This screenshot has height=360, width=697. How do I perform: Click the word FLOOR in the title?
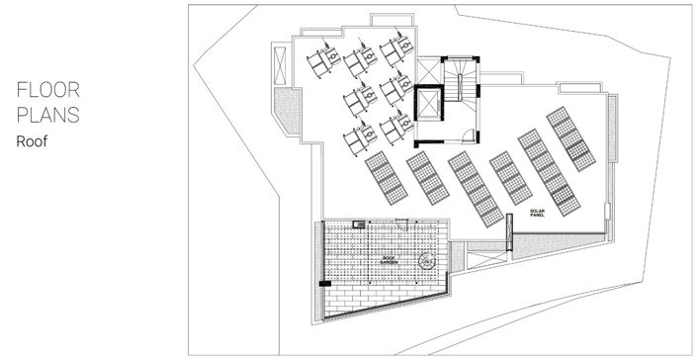[46, 91]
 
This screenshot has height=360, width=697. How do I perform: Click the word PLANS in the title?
[47, 116]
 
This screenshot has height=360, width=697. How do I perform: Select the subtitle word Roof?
[32, 141]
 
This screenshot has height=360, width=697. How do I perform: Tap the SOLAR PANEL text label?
[538, 213]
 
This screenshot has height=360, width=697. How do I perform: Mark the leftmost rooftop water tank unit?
[319, 63]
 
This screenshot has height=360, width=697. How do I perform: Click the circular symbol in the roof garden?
[426, 261]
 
